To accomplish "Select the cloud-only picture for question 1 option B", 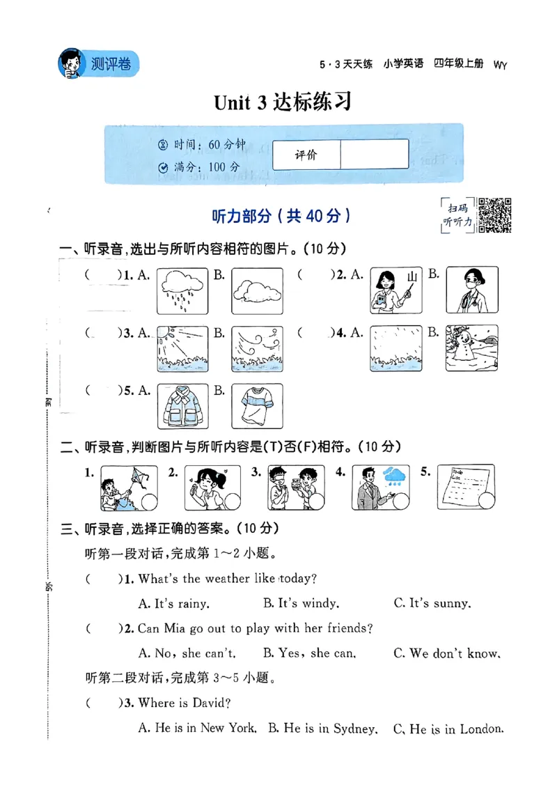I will tap(257, 290).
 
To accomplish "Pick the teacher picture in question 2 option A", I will tap(396, 290).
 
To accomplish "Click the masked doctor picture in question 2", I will tap(471, 290).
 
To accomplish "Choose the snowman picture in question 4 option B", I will tap(471, 348).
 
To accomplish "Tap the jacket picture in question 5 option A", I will tap(182, 406).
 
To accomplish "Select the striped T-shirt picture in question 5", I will tap(257, 406).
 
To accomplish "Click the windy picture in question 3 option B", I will tap(257, 348).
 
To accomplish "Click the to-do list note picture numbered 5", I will tap(466, 487).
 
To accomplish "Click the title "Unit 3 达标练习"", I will tap(282, 103).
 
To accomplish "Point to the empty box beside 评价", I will tap(374, 154).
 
